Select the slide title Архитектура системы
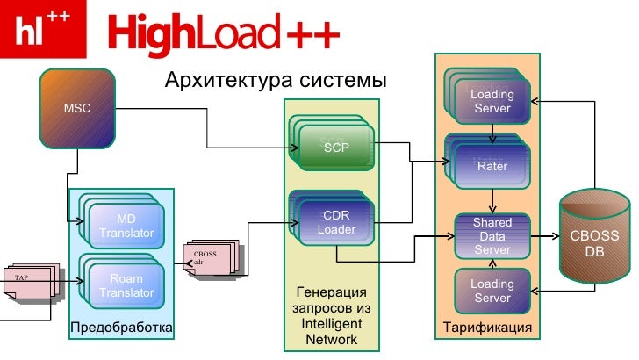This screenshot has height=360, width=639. click(276, 82)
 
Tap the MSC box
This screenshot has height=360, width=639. click(76, 109)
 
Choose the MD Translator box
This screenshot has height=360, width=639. click(126, 226)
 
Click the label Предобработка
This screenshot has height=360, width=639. click(121, 328)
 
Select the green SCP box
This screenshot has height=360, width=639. click(336, 148)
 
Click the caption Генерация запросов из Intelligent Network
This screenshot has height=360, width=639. click(331, 315)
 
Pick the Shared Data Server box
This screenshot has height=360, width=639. click(492, 236)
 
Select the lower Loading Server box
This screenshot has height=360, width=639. click(492, 291)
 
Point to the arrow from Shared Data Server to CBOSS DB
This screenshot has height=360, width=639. click(546, 236)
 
